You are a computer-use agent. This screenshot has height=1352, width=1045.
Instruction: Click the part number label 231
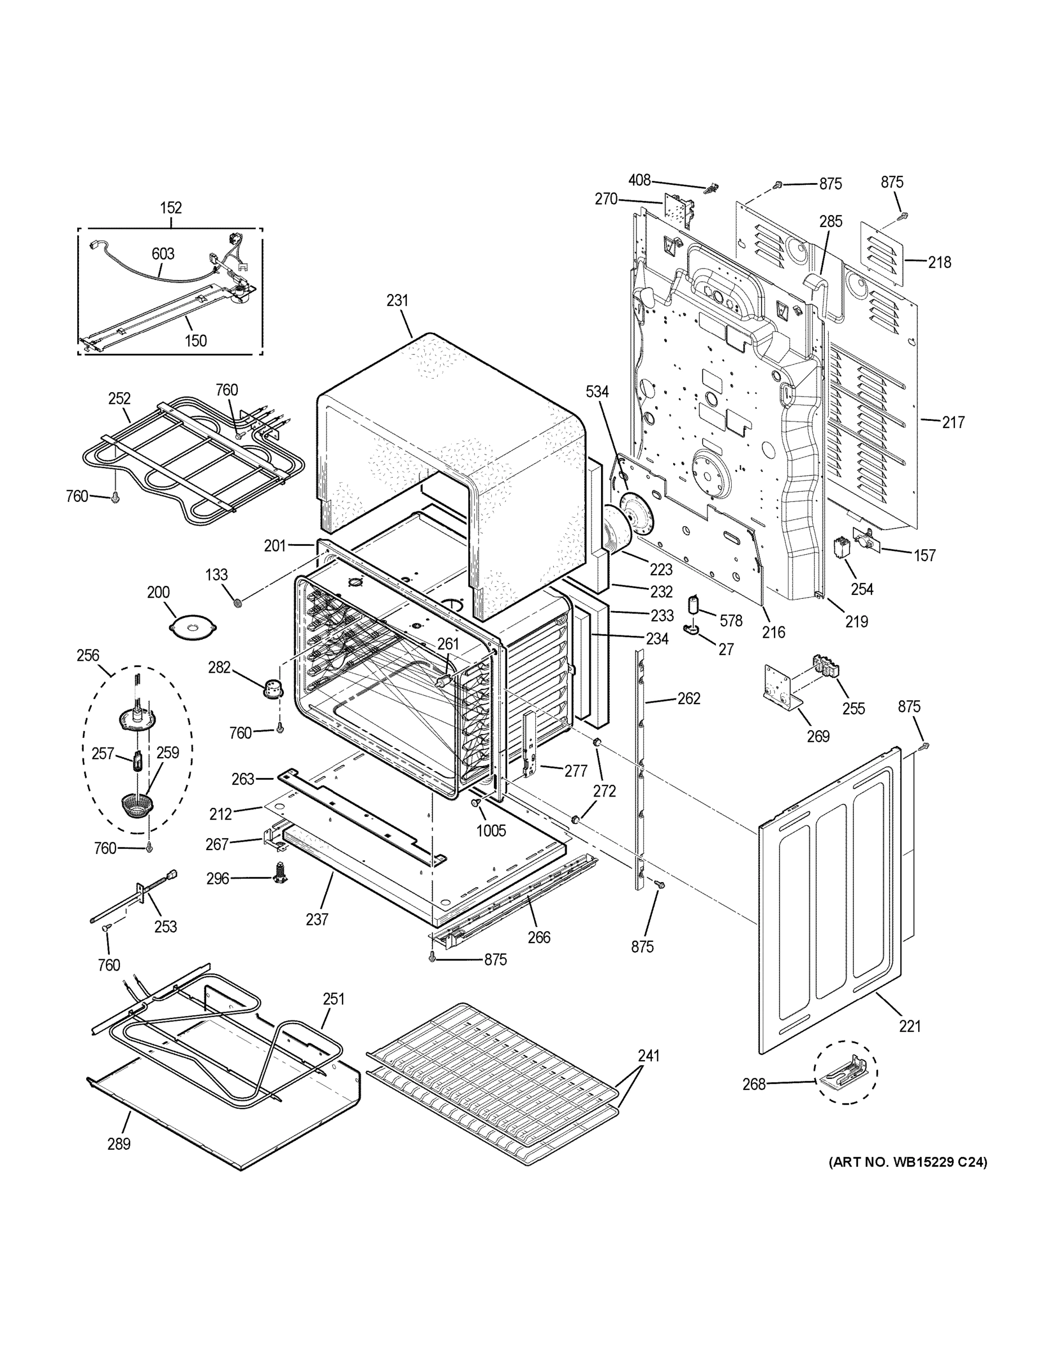coord(398,300)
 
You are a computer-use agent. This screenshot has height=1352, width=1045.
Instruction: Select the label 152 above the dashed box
coord(171,207)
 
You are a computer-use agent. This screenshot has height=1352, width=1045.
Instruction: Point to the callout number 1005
coord(491,830)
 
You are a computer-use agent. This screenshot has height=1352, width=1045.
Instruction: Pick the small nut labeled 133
coord(237,602)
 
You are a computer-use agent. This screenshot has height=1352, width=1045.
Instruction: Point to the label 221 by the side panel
coord(909,1026)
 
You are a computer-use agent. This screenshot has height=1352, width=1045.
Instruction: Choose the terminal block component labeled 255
coord(826,669)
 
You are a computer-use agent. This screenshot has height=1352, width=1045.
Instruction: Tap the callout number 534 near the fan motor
coord(597,392)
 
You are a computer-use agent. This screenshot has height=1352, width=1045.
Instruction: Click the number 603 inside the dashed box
coord(163,254)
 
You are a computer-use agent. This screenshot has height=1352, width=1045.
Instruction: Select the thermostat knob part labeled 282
coord(273,687)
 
